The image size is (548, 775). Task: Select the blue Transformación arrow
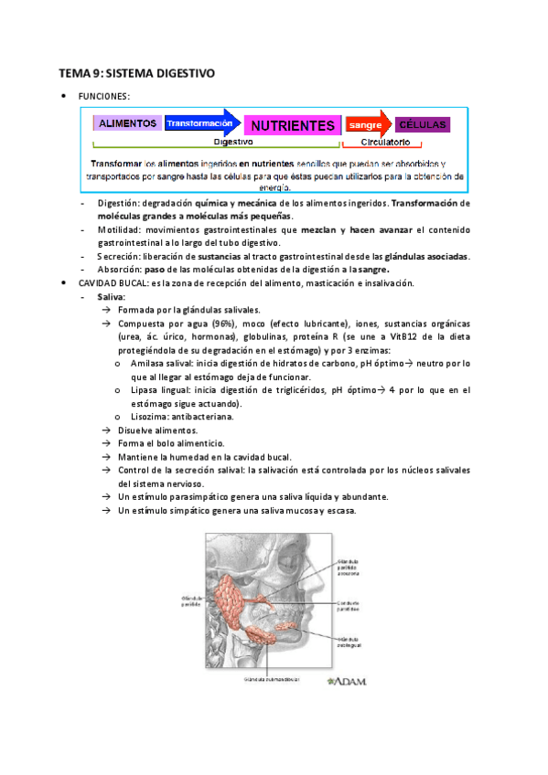click(200, 122)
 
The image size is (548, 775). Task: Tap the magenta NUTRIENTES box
click(292, 124)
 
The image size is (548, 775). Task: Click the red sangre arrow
click(365, 123)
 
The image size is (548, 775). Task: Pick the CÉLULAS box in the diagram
click(423, 123)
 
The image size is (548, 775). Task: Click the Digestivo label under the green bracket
click(233, 143)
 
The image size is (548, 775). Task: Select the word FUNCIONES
click(104, 95)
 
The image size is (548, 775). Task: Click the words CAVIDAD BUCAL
click(109, 283)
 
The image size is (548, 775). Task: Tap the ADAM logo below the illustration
click(349, 682)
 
